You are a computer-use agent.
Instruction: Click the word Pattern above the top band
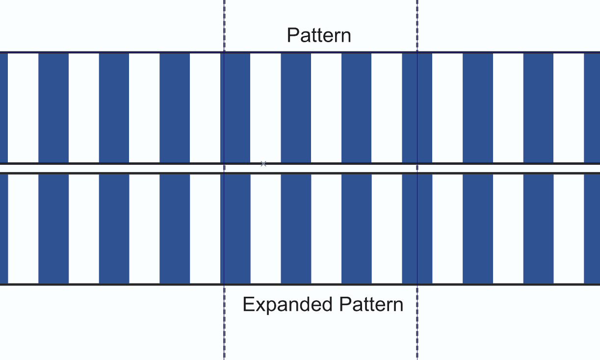coord(319,36)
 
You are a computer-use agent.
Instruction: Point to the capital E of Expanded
coord(248,305)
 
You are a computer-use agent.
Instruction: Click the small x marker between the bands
coord(263,164)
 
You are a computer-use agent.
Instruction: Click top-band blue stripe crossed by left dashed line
coord(235,108)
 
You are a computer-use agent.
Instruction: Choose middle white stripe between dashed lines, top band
coord(326,108)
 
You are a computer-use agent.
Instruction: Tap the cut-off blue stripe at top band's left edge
coord(3,108)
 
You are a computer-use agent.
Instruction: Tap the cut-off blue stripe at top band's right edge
coord(592,108)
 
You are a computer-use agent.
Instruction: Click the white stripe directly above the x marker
coord(265,108)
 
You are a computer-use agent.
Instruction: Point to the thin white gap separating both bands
coord(147,168)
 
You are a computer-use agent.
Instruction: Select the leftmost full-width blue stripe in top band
coord(53,108)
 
